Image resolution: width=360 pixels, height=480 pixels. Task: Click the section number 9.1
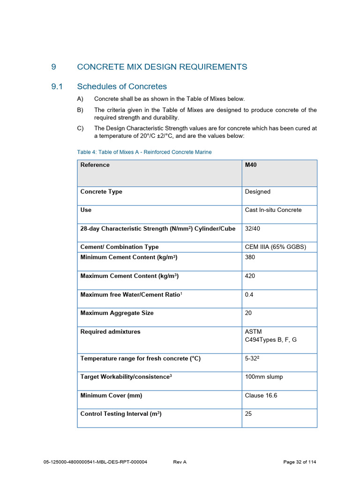[57, 86]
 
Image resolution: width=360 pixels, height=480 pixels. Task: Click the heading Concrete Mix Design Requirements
[162, 67]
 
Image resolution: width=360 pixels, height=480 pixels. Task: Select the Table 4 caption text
[144, 152]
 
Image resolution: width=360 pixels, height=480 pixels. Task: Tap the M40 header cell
[251, 165]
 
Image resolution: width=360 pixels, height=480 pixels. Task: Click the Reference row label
[95, 165]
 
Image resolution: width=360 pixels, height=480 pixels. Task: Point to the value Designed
[257, 192]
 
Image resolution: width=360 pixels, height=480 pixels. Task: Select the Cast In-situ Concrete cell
[273, 210]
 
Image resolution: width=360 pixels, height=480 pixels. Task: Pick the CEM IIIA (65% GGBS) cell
[275, 247]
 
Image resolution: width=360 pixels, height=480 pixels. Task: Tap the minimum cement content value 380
[250, 257]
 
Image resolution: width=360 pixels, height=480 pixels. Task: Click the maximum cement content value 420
[250, 276]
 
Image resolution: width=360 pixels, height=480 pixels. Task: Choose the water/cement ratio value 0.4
[249, 295]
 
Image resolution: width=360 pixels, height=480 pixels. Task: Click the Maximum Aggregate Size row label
[117, 313]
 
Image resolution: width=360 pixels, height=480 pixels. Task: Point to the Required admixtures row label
[110, 332]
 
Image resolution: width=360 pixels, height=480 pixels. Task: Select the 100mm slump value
[263, 377]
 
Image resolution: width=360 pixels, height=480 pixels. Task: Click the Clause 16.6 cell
[261, 396]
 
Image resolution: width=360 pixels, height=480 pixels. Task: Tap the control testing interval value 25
[248, 414]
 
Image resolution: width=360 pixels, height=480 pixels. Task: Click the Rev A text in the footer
[180, 462]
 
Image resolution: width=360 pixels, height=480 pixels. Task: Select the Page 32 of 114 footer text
[300, 462]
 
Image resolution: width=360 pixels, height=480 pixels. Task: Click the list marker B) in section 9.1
[80, 110]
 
